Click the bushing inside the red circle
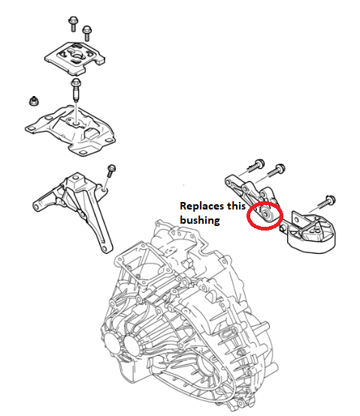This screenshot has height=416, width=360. click(x=265, y=216)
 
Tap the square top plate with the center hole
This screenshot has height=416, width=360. click(x=75, y=54)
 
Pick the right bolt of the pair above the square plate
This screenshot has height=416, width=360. click(x=89, y=32)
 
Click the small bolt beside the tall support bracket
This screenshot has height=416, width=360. click(x=110, y=170)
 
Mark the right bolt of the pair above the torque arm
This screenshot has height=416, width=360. click(x=279, y=168)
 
